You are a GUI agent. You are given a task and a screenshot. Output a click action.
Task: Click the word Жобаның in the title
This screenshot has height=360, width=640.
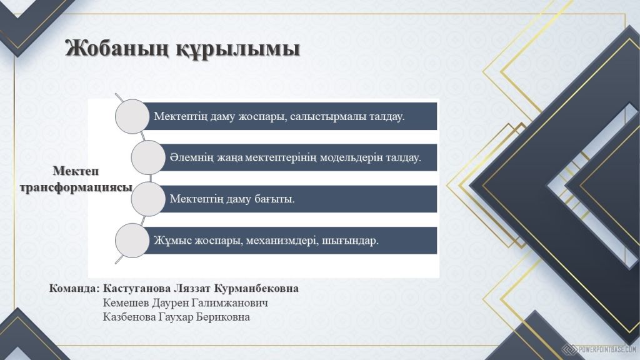(x=117, y=49)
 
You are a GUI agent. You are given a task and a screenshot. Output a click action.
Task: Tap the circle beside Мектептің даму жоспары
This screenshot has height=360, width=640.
(x=132, y=116)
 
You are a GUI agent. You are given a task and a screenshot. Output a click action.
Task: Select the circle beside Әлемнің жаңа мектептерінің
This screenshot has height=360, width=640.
(x=148, y=157)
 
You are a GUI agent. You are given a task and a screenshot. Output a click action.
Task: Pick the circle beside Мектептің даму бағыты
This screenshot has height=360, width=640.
(x=148, y=199)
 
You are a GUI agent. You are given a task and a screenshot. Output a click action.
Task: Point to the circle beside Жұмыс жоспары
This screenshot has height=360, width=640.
(x=132, y=241)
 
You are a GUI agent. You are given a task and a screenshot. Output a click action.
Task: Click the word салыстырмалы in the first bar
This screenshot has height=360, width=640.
(x=328, y=117)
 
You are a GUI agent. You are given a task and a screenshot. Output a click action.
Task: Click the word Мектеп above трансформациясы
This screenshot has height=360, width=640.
(x=76, y=171)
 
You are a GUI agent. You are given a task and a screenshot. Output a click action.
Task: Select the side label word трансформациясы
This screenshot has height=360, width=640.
(x=76, y=187)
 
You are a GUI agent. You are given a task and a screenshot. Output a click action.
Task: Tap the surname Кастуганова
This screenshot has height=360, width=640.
(x=137, y=289)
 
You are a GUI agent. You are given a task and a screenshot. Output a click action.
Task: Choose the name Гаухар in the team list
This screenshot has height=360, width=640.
(x=174, y=317)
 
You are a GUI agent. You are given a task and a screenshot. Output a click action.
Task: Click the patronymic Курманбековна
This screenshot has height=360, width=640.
(x=256, y=289)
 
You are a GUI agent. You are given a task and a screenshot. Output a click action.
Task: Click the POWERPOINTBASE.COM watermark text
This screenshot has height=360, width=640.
(x=607, y=349)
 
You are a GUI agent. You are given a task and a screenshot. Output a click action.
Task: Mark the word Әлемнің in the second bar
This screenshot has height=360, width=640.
(x=191, y=158)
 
